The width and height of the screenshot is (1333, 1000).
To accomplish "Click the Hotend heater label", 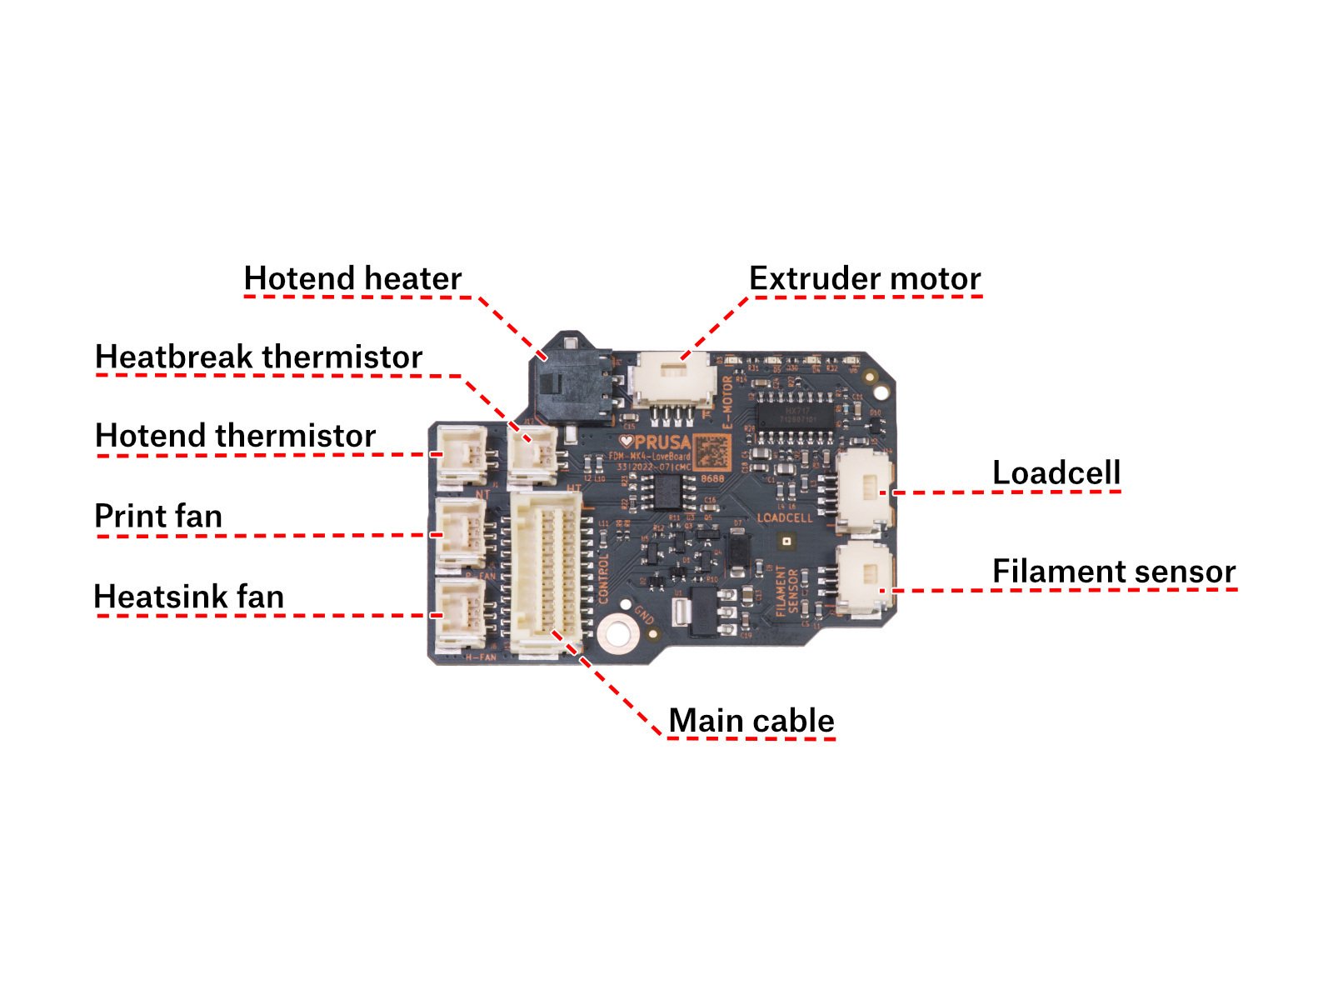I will (352, 278).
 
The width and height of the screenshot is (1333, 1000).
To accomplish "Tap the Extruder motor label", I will (865, 278).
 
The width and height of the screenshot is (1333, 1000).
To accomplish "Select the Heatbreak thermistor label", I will (259, 357).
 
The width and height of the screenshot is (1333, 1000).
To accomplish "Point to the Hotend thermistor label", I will (236, 435).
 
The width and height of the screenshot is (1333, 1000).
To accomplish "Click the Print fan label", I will (158, 516).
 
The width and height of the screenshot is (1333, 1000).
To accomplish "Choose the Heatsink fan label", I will (189, 597).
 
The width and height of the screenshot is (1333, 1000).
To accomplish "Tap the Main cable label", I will (751, 721).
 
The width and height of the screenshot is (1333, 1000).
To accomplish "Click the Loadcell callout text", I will (1056, 472).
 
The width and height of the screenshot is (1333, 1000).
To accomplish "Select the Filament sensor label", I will (1114, 572).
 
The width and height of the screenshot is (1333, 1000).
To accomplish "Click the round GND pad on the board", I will (617, 632).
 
